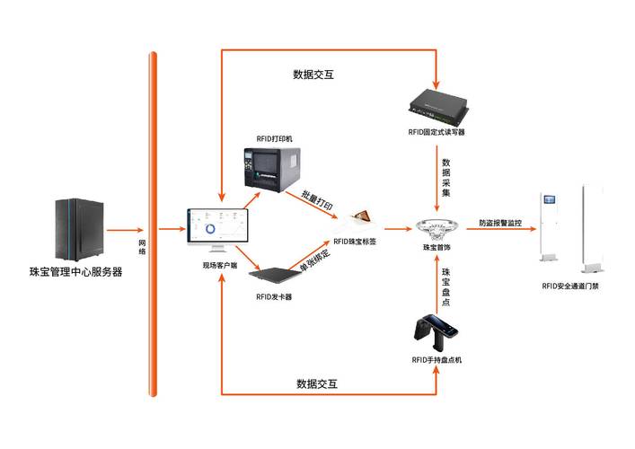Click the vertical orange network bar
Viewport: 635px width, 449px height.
point(154,224)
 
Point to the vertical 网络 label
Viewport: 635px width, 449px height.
point(142,247)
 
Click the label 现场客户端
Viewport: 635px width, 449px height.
point(220,266)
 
